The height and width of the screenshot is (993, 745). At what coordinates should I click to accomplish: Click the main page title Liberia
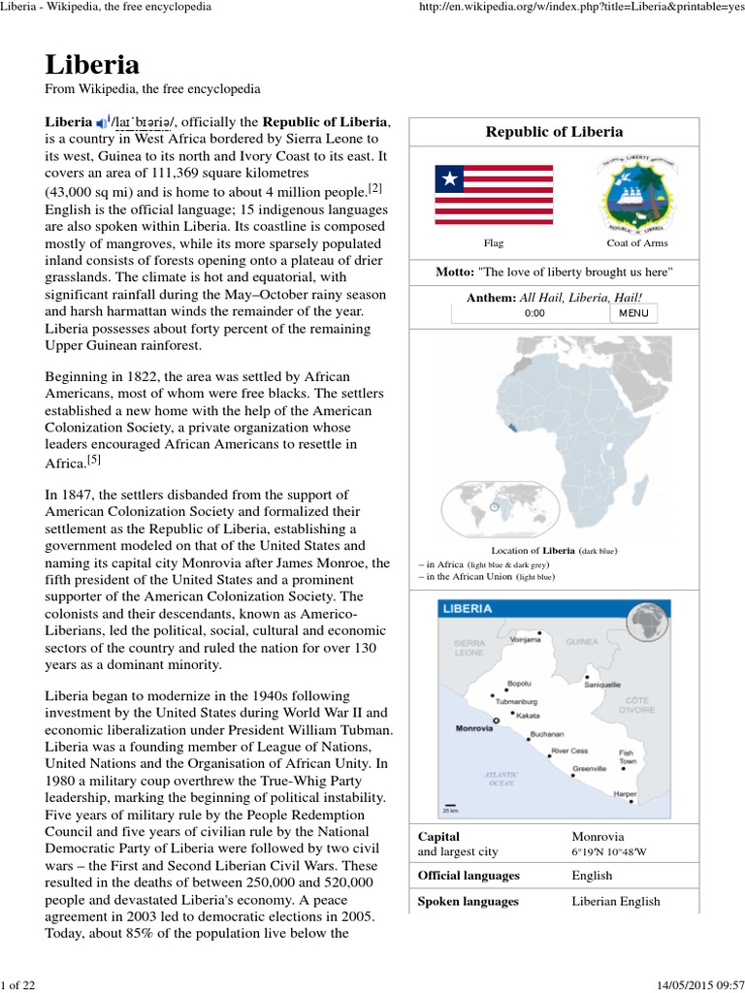(92, 65)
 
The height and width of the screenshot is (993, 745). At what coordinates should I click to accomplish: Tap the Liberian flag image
(493, 195)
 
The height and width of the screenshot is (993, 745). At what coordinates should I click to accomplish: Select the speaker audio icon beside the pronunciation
(102, 123)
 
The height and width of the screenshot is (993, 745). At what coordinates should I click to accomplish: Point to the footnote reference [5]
(93, 459)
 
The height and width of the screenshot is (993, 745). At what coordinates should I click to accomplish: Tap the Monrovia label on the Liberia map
(474, 728)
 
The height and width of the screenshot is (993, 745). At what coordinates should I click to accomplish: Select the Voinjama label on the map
(525, 640)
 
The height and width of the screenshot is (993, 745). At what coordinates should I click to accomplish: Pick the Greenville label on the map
(589, 768)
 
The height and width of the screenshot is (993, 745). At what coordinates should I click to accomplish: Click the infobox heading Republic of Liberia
(553, 132)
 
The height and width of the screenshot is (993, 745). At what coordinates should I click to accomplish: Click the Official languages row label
(468, 876)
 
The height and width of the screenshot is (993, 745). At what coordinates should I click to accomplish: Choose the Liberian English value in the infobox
(616, 901)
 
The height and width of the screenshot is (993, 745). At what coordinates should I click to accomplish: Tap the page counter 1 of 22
(18, 985)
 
